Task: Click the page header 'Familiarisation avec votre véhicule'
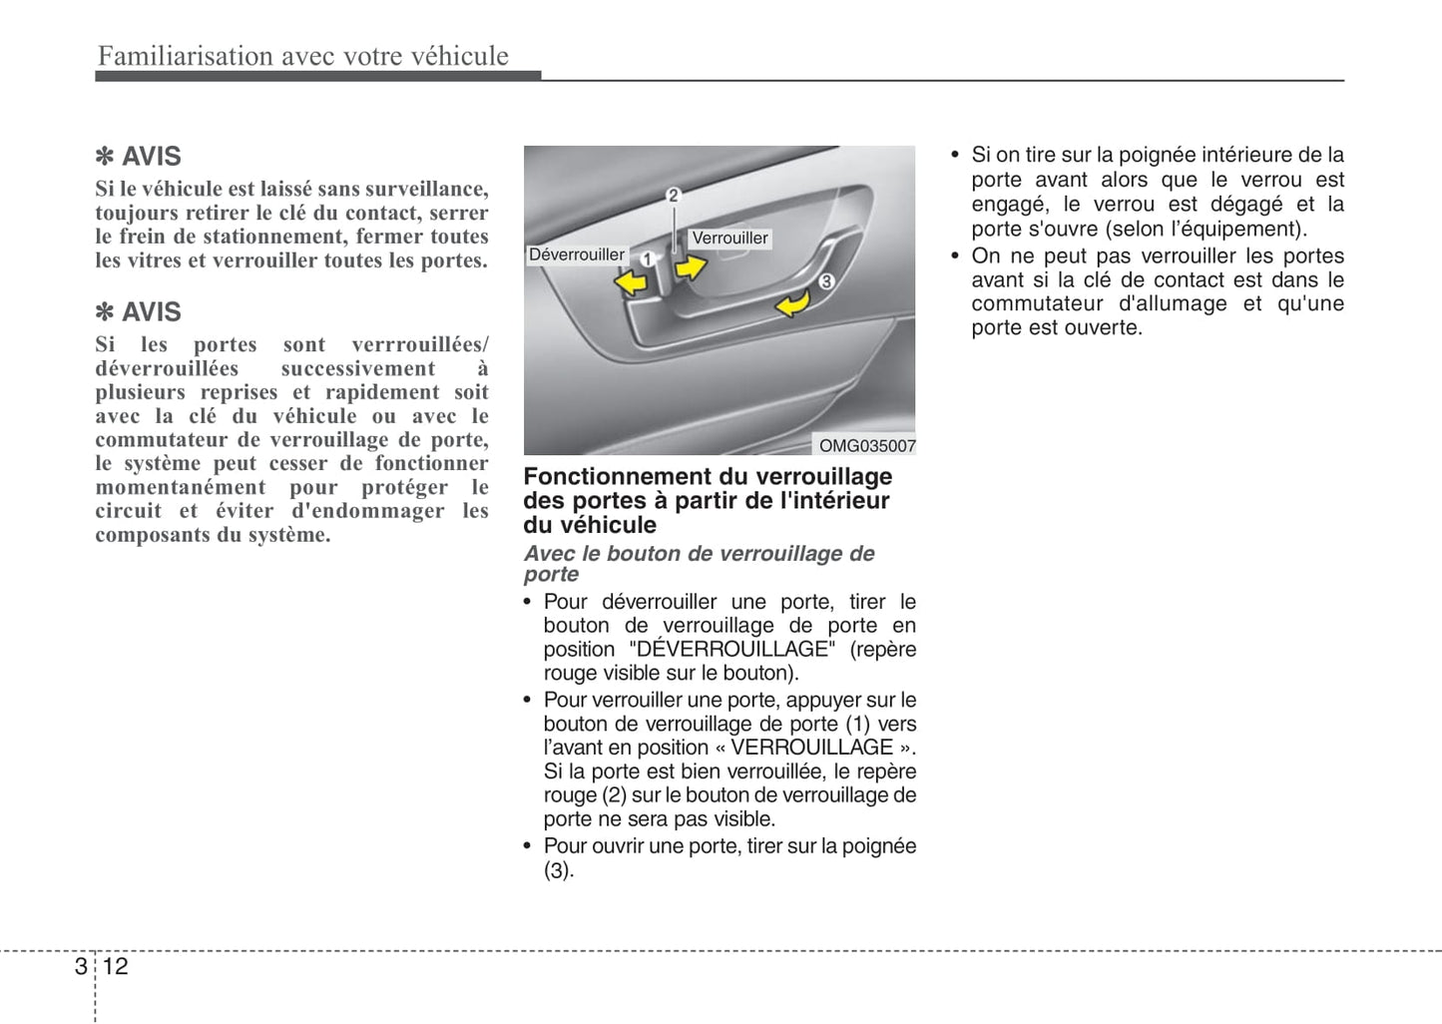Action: coord(303,56)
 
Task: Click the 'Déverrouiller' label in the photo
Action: coord(576,255)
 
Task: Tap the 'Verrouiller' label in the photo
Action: coord(729,238)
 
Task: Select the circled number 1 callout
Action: coord(647,259)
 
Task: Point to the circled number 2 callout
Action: coord(674,195)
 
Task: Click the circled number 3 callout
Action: coord(826,281)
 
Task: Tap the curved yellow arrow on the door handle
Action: coord(793,301)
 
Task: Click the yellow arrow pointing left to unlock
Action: coord(631,283)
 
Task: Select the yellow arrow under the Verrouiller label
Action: coord(691,266)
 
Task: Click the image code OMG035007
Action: coord(866,446)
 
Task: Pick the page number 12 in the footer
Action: coord(115,966)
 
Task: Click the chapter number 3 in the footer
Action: coord(81,966)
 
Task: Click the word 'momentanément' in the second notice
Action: coord(181,487)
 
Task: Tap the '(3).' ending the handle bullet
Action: coord(559,870)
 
